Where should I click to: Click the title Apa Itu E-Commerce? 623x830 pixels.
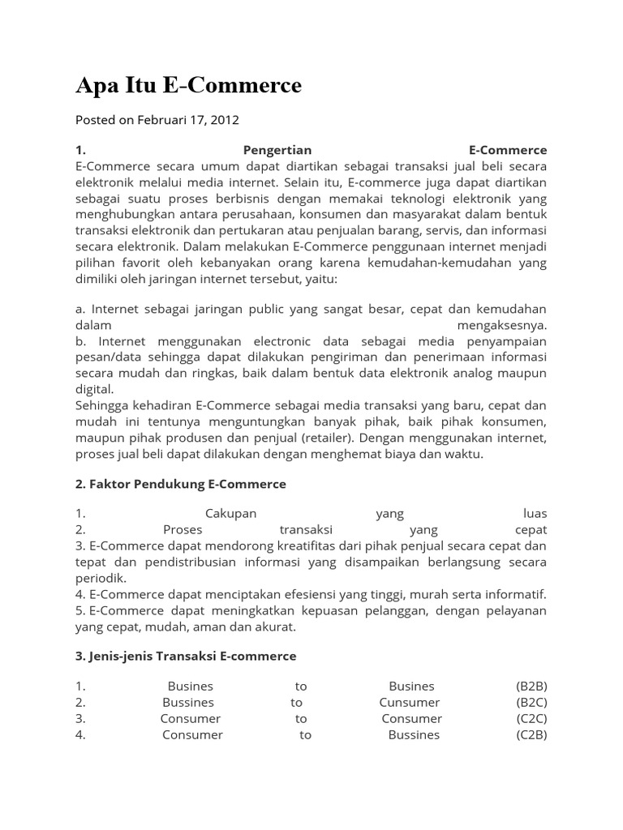coord(188,85)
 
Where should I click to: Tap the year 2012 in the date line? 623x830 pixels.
coord(225,120)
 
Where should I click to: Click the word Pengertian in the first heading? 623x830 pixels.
coord(277,151)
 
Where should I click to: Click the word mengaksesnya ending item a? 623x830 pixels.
coord(503,325)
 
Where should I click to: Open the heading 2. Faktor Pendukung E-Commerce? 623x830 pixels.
coord(181,484)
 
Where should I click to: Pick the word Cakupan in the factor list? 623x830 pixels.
coord(230,514)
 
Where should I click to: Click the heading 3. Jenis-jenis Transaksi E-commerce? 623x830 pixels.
coord(186,656)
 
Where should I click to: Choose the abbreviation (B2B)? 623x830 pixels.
coord(531,687)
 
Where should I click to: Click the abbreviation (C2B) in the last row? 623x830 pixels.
coord(531,735)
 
